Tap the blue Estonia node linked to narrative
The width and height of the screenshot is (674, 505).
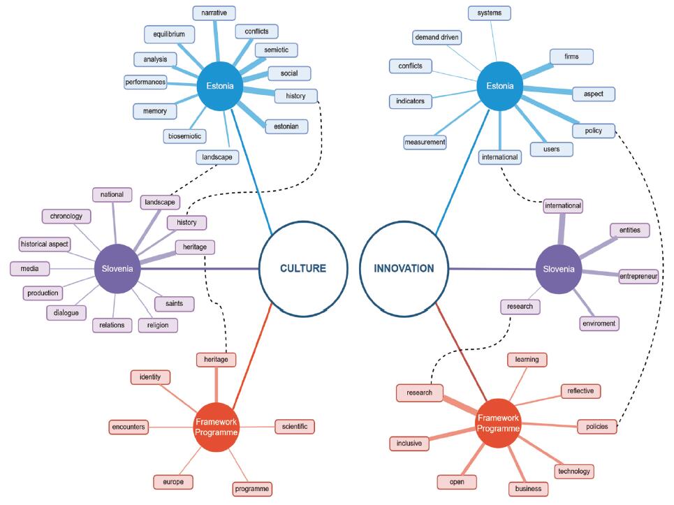[219, 86]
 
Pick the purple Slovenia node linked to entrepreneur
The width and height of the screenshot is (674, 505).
[558, 269]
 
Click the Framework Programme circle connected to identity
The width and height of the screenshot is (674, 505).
[217, 427]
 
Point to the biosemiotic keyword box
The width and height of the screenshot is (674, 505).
[185, 136]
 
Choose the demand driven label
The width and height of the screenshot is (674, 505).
[437, 38]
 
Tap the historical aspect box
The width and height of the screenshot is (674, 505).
[45, 244]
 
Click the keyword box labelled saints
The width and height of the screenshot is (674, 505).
[174, 303]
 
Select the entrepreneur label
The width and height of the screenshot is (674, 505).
[638, 277]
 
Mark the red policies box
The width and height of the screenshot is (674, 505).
[597, 426]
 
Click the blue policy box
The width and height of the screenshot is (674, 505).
[594, 131]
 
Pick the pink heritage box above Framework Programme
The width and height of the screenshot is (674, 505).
[217, 359]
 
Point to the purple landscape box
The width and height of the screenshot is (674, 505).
[160, 202]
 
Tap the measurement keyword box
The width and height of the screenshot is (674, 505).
[425, 142]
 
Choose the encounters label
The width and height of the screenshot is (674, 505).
[129, 427]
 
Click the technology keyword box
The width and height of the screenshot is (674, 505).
[574, 471]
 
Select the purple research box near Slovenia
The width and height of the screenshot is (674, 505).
[520, 307]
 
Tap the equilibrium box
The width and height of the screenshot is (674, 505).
[169, 34]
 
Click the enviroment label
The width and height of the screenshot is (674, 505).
[599, 323]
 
